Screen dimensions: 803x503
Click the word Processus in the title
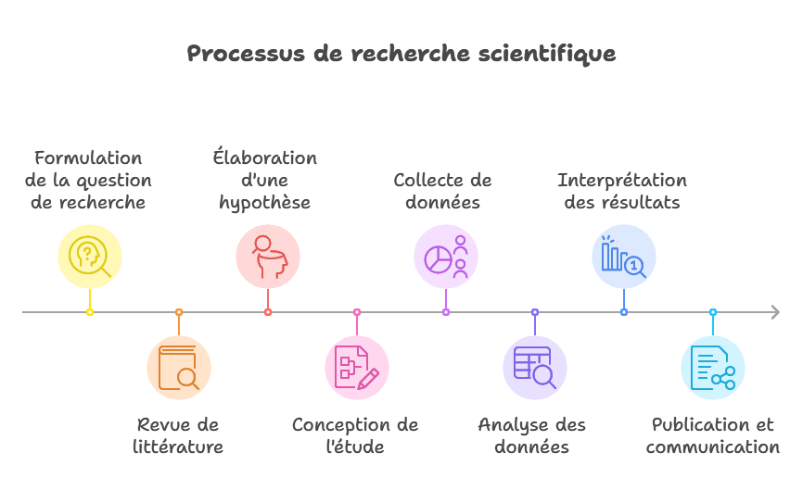tap(246, 54)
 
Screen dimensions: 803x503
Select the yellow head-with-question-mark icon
tap(90, 257)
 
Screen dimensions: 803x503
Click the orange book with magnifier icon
tap(179, 368)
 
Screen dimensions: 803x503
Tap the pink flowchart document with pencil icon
tap(356, 368)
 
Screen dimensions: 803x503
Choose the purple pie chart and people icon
tap(446, 257)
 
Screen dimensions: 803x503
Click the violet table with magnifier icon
tap(535, 368)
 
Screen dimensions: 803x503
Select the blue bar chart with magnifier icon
tap(623, 257)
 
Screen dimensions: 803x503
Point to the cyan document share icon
tap(713, 368)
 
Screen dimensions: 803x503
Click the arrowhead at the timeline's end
tap(775, 312)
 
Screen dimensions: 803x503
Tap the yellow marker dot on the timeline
tap(90, 312)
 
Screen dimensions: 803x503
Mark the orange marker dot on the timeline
tap(179, 312)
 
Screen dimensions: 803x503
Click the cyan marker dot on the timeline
tap(713, 312)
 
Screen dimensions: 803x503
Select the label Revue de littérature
tap(178, 435)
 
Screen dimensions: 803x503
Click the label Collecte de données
tap(442, 191)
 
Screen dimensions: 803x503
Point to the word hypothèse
tap(265, 203)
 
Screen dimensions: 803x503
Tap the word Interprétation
tap(622, 181)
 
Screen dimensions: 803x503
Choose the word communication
tap(713, 447)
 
